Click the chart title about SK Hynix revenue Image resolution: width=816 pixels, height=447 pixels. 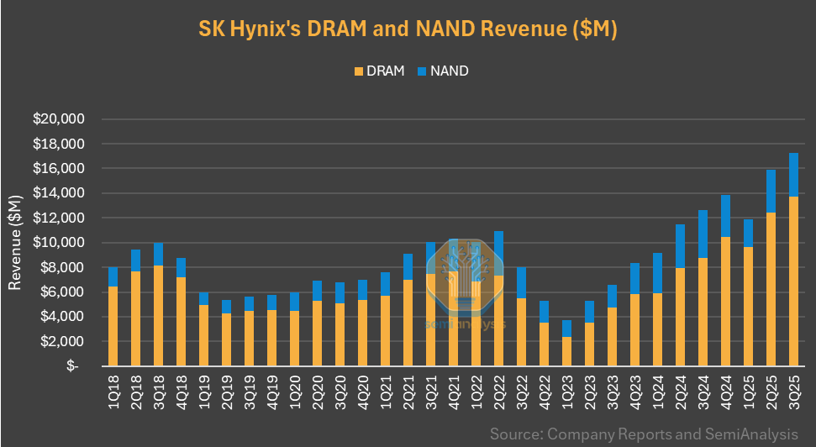[408, 30]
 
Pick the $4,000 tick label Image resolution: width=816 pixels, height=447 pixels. [60, 317]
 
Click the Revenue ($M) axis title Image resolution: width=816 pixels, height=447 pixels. [14, 243]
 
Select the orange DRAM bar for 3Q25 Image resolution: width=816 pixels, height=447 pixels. [792, 281]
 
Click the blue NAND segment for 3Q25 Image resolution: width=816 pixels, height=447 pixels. [792, 175]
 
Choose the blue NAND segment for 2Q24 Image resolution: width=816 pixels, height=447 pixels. [680, 246]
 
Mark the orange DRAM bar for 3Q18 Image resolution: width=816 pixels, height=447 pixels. [159, 316]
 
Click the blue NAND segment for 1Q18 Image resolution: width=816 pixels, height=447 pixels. [113, 277]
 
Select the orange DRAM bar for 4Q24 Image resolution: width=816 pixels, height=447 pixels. [725, 302]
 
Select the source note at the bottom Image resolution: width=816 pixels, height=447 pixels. [644, 434]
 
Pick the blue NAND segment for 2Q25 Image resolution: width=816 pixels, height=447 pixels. [770, 192]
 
